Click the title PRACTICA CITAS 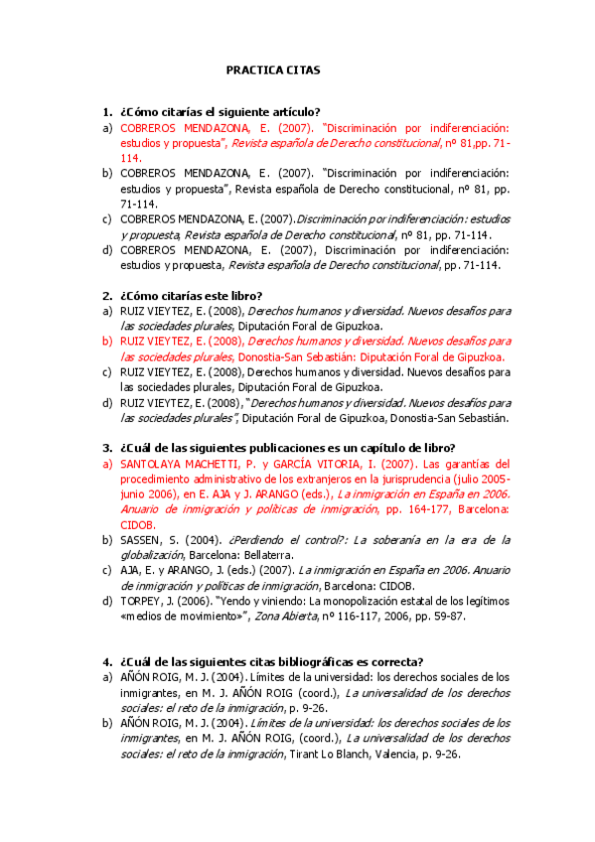[273, 71]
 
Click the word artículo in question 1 [297, 111]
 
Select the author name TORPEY [142, 601]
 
